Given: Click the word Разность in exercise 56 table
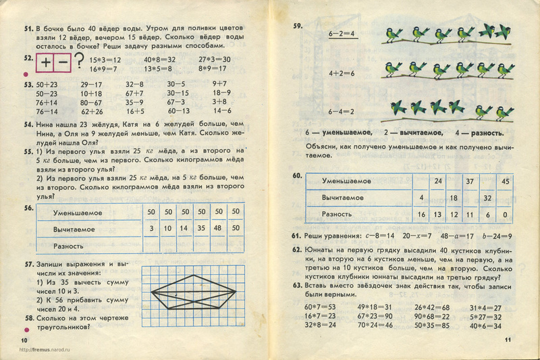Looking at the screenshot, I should (68, 247).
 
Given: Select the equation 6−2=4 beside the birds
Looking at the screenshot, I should (342, 33).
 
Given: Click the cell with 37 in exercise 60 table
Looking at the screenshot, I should (470, 181).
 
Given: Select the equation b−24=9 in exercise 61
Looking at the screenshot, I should (497, 236).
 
